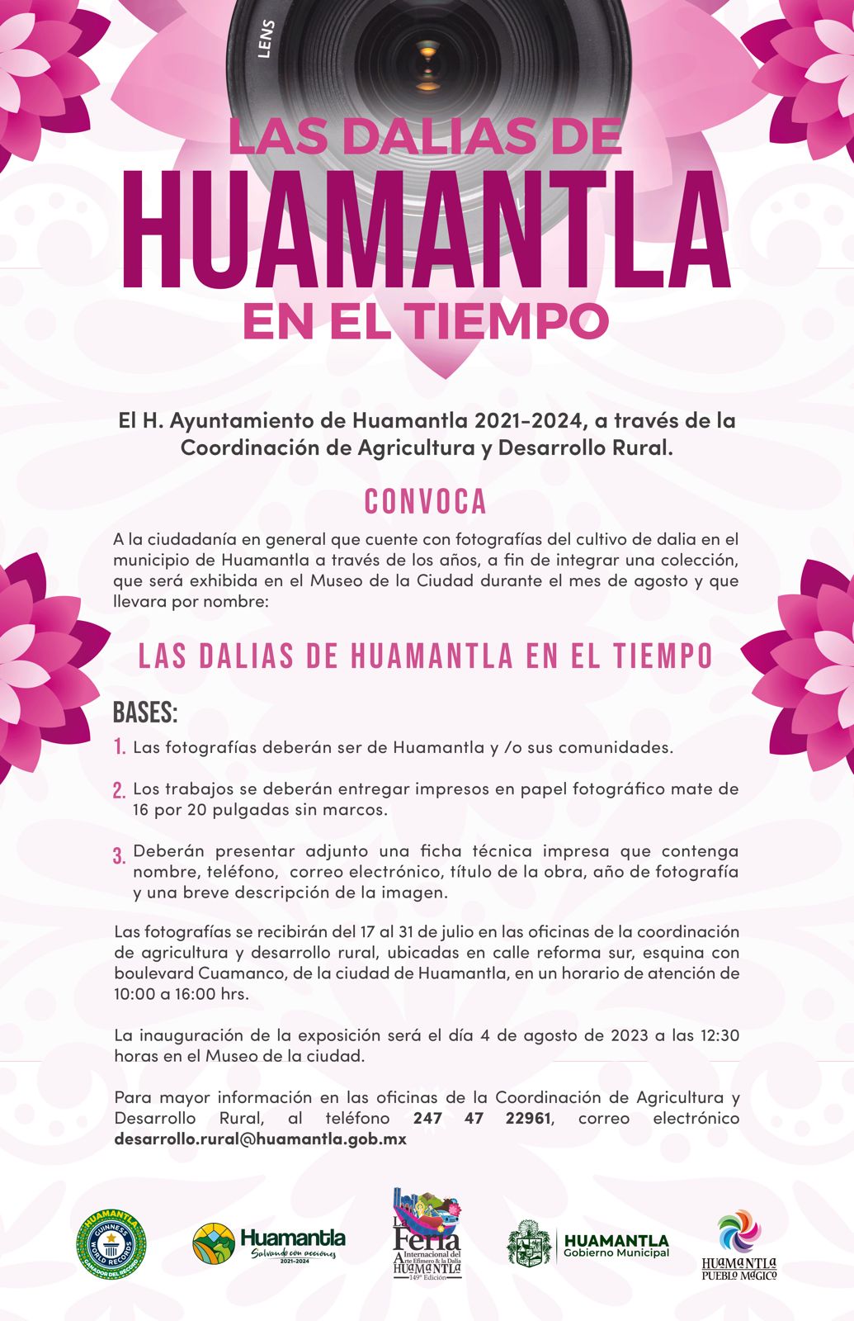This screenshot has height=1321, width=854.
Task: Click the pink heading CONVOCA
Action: click(426, 502)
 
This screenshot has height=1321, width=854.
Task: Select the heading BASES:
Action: click(145, 713)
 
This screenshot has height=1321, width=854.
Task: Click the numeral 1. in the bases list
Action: click(120, 748)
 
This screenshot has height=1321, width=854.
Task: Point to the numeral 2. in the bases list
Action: click(120, 790)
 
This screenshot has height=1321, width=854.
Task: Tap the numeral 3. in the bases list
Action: click(120, 855)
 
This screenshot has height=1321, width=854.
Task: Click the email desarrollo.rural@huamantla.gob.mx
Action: click(261, 1139)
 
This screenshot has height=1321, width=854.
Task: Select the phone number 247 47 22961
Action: click(482, 1119)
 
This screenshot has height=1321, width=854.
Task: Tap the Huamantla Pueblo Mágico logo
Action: click(739, 1244)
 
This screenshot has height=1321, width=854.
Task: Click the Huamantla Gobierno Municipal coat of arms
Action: click(528, 1244)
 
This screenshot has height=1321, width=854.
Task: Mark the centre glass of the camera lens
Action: click(427, 54)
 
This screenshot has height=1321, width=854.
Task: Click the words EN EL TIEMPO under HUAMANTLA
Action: click(426, 321)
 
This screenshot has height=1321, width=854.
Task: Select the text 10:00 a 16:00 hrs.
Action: click(182, 994)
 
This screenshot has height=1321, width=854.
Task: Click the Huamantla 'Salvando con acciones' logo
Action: click(270, 1244)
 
